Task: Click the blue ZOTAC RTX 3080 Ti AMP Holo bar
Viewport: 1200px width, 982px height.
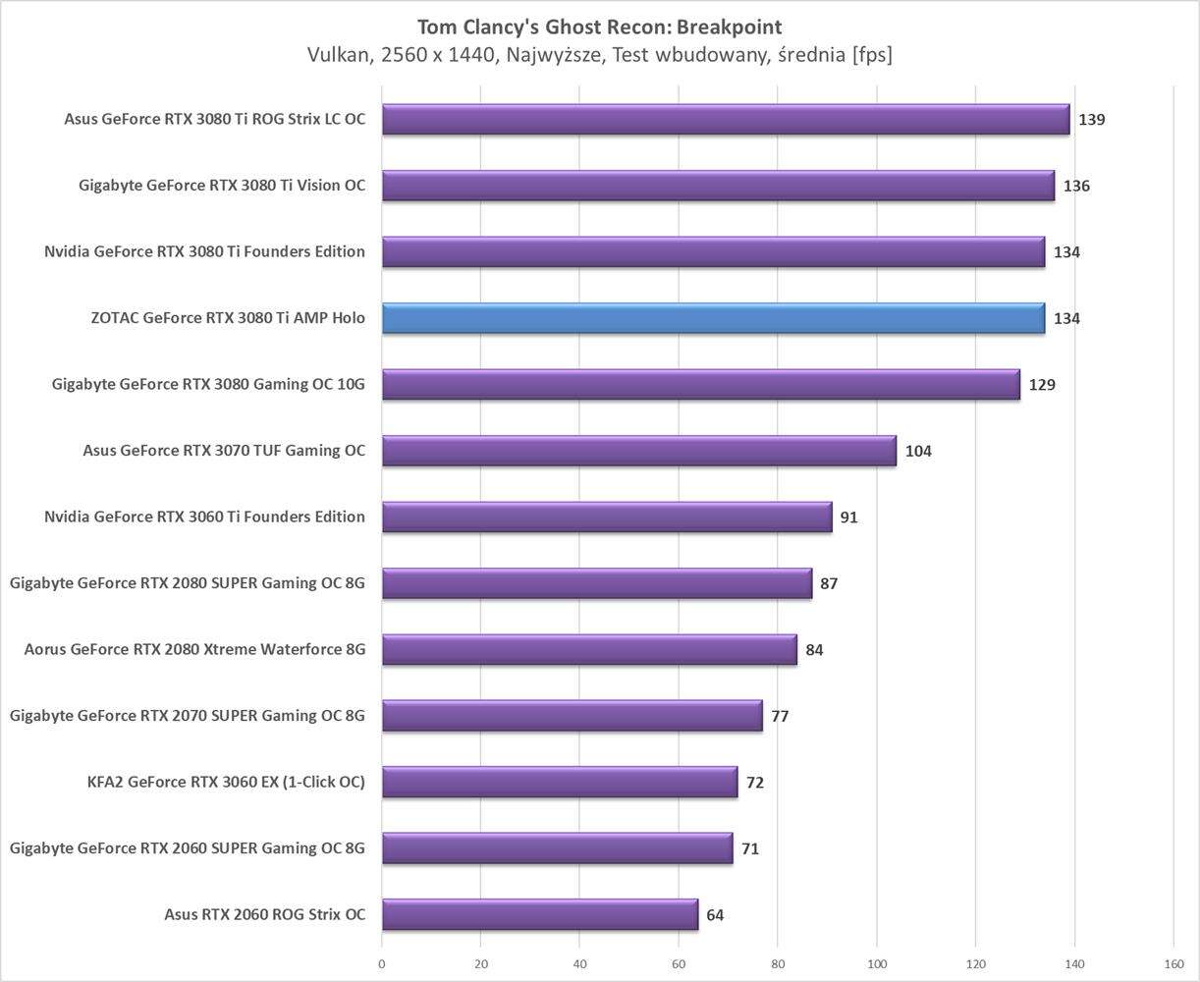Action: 713,318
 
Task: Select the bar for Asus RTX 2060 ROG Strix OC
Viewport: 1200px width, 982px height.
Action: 539,914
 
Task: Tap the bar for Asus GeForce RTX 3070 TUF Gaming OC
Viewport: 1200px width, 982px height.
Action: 638,451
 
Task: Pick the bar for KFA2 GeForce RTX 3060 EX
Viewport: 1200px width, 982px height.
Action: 560,782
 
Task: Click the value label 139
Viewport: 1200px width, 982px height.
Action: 1091,120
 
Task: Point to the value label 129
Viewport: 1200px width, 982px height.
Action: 1041,385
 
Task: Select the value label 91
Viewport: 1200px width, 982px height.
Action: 848,517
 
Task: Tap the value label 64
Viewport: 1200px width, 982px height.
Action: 715,915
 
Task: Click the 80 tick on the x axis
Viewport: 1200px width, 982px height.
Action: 778,963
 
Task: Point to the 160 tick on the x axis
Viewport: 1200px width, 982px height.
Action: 1173,963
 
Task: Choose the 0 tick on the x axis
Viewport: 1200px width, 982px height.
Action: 382,963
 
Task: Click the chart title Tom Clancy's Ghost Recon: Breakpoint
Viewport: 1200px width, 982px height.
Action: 600,27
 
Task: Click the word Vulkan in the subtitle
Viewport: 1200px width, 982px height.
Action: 338,55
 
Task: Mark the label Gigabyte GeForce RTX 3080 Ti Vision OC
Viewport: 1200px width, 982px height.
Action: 222,186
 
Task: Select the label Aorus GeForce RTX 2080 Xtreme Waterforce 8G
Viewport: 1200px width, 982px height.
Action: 194,649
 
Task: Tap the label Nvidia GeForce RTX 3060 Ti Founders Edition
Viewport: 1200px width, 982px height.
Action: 204,517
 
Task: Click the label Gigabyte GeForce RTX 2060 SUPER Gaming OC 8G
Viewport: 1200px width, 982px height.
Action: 188,848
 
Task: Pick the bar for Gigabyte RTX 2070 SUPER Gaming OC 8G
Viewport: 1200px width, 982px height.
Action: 572,716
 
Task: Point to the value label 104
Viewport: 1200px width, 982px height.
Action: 918,451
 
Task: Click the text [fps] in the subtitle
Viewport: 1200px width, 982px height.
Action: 872,55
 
